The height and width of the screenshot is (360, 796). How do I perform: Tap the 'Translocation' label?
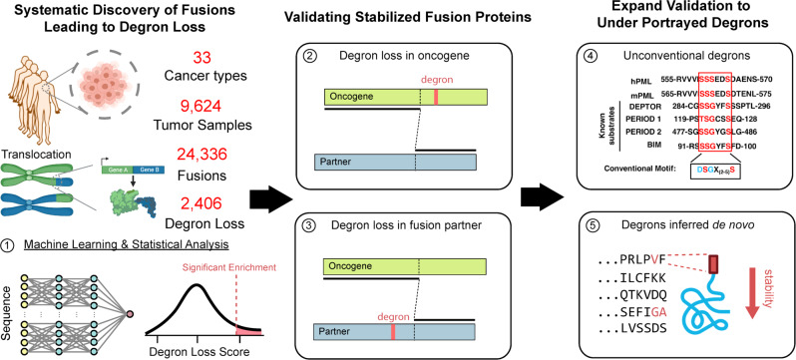pyautogui.click(x=37, y=144)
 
